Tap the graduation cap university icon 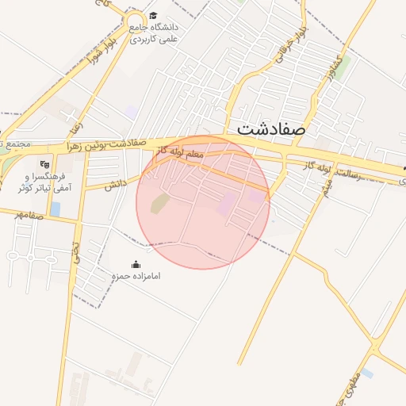coord(153,15)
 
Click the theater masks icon coord(44,164)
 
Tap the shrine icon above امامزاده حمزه coord(136,265)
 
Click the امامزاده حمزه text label coord(136,277)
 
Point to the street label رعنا coord(75,122)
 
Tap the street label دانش coord(115,184)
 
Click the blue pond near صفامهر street coord(55,209)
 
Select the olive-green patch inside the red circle coord(159,203)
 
